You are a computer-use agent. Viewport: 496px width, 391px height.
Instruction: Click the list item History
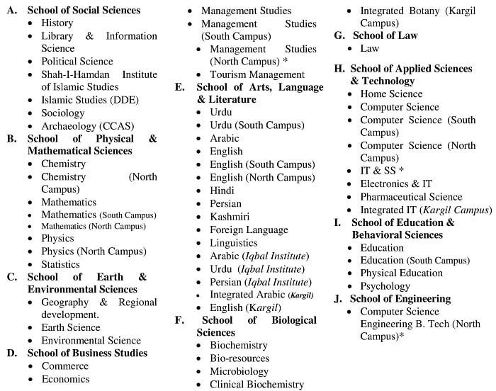pos(57,23)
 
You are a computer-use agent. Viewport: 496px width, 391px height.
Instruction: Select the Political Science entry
pos(77,62)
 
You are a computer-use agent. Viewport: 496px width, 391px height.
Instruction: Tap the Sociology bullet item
pos(62,113)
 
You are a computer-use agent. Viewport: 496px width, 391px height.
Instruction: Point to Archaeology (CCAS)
pos(87,126)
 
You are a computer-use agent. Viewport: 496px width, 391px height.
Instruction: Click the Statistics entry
pos(60,264)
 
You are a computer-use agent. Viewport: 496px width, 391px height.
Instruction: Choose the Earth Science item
pos(72,327)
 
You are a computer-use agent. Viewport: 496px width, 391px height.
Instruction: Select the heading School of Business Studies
pos(87,353)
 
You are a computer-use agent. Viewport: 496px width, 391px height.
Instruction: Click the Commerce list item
pos(65,365)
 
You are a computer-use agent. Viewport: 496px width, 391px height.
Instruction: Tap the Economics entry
pos(65,379)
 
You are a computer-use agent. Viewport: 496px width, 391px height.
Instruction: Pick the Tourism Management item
pos(257,74)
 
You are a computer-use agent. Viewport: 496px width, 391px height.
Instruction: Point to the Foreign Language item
pos(249,229)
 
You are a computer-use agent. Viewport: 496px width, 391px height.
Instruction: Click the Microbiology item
pos(239,371)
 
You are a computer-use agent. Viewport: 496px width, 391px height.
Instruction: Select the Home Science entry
pos(391,93)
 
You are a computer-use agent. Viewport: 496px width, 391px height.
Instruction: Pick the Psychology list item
pos(385,286)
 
